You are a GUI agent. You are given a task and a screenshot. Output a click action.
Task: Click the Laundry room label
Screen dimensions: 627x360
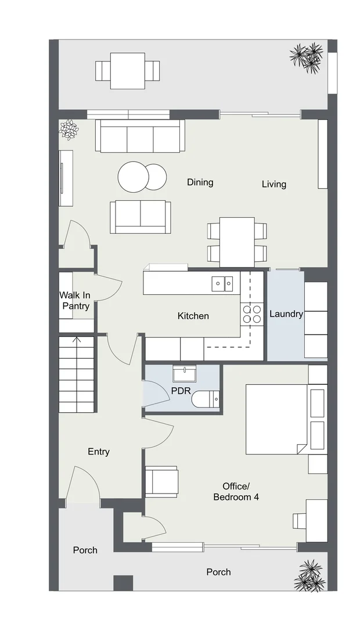[286, 314]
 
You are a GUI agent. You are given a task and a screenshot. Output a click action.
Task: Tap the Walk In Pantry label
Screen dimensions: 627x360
[75, 301]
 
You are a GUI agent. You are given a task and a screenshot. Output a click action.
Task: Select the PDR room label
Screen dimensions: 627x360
[180, 390]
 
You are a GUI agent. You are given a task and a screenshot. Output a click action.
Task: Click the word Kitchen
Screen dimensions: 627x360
[193, 316]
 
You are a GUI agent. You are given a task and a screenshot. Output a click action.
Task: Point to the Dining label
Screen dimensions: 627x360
[200, 182]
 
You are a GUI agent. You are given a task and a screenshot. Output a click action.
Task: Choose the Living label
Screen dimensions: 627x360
[273, 184]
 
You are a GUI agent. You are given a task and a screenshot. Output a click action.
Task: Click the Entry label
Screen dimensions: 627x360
[99, 452]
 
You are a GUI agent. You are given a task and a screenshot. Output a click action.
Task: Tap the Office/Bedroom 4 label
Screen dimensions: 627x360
[236, 492]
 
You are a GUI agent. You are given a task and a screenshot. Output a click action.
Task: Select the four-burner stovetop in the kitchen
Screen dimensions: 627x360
[251, 314]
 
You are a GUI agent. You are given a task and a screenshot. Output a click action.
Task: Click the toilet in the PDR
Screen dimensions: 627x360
[206, 399]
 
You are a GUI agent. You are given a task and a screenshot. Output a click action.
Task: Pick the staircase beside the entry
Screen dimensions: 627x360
[76, 374]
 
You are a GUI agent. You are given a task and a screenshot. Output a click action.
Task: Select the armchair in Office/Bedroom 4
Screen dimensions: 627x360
[161, 481]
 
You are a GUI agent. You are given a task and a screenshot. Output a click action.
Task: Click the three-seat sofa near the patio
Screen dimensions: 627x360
[140, 136]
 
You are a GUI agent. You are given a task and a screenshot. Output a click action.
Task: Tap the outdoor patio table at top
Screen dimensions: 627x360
[127, 71]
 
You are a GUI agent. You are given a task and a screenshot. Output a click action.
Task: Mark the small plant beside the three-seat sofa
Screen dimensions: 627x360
[69, 129]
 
